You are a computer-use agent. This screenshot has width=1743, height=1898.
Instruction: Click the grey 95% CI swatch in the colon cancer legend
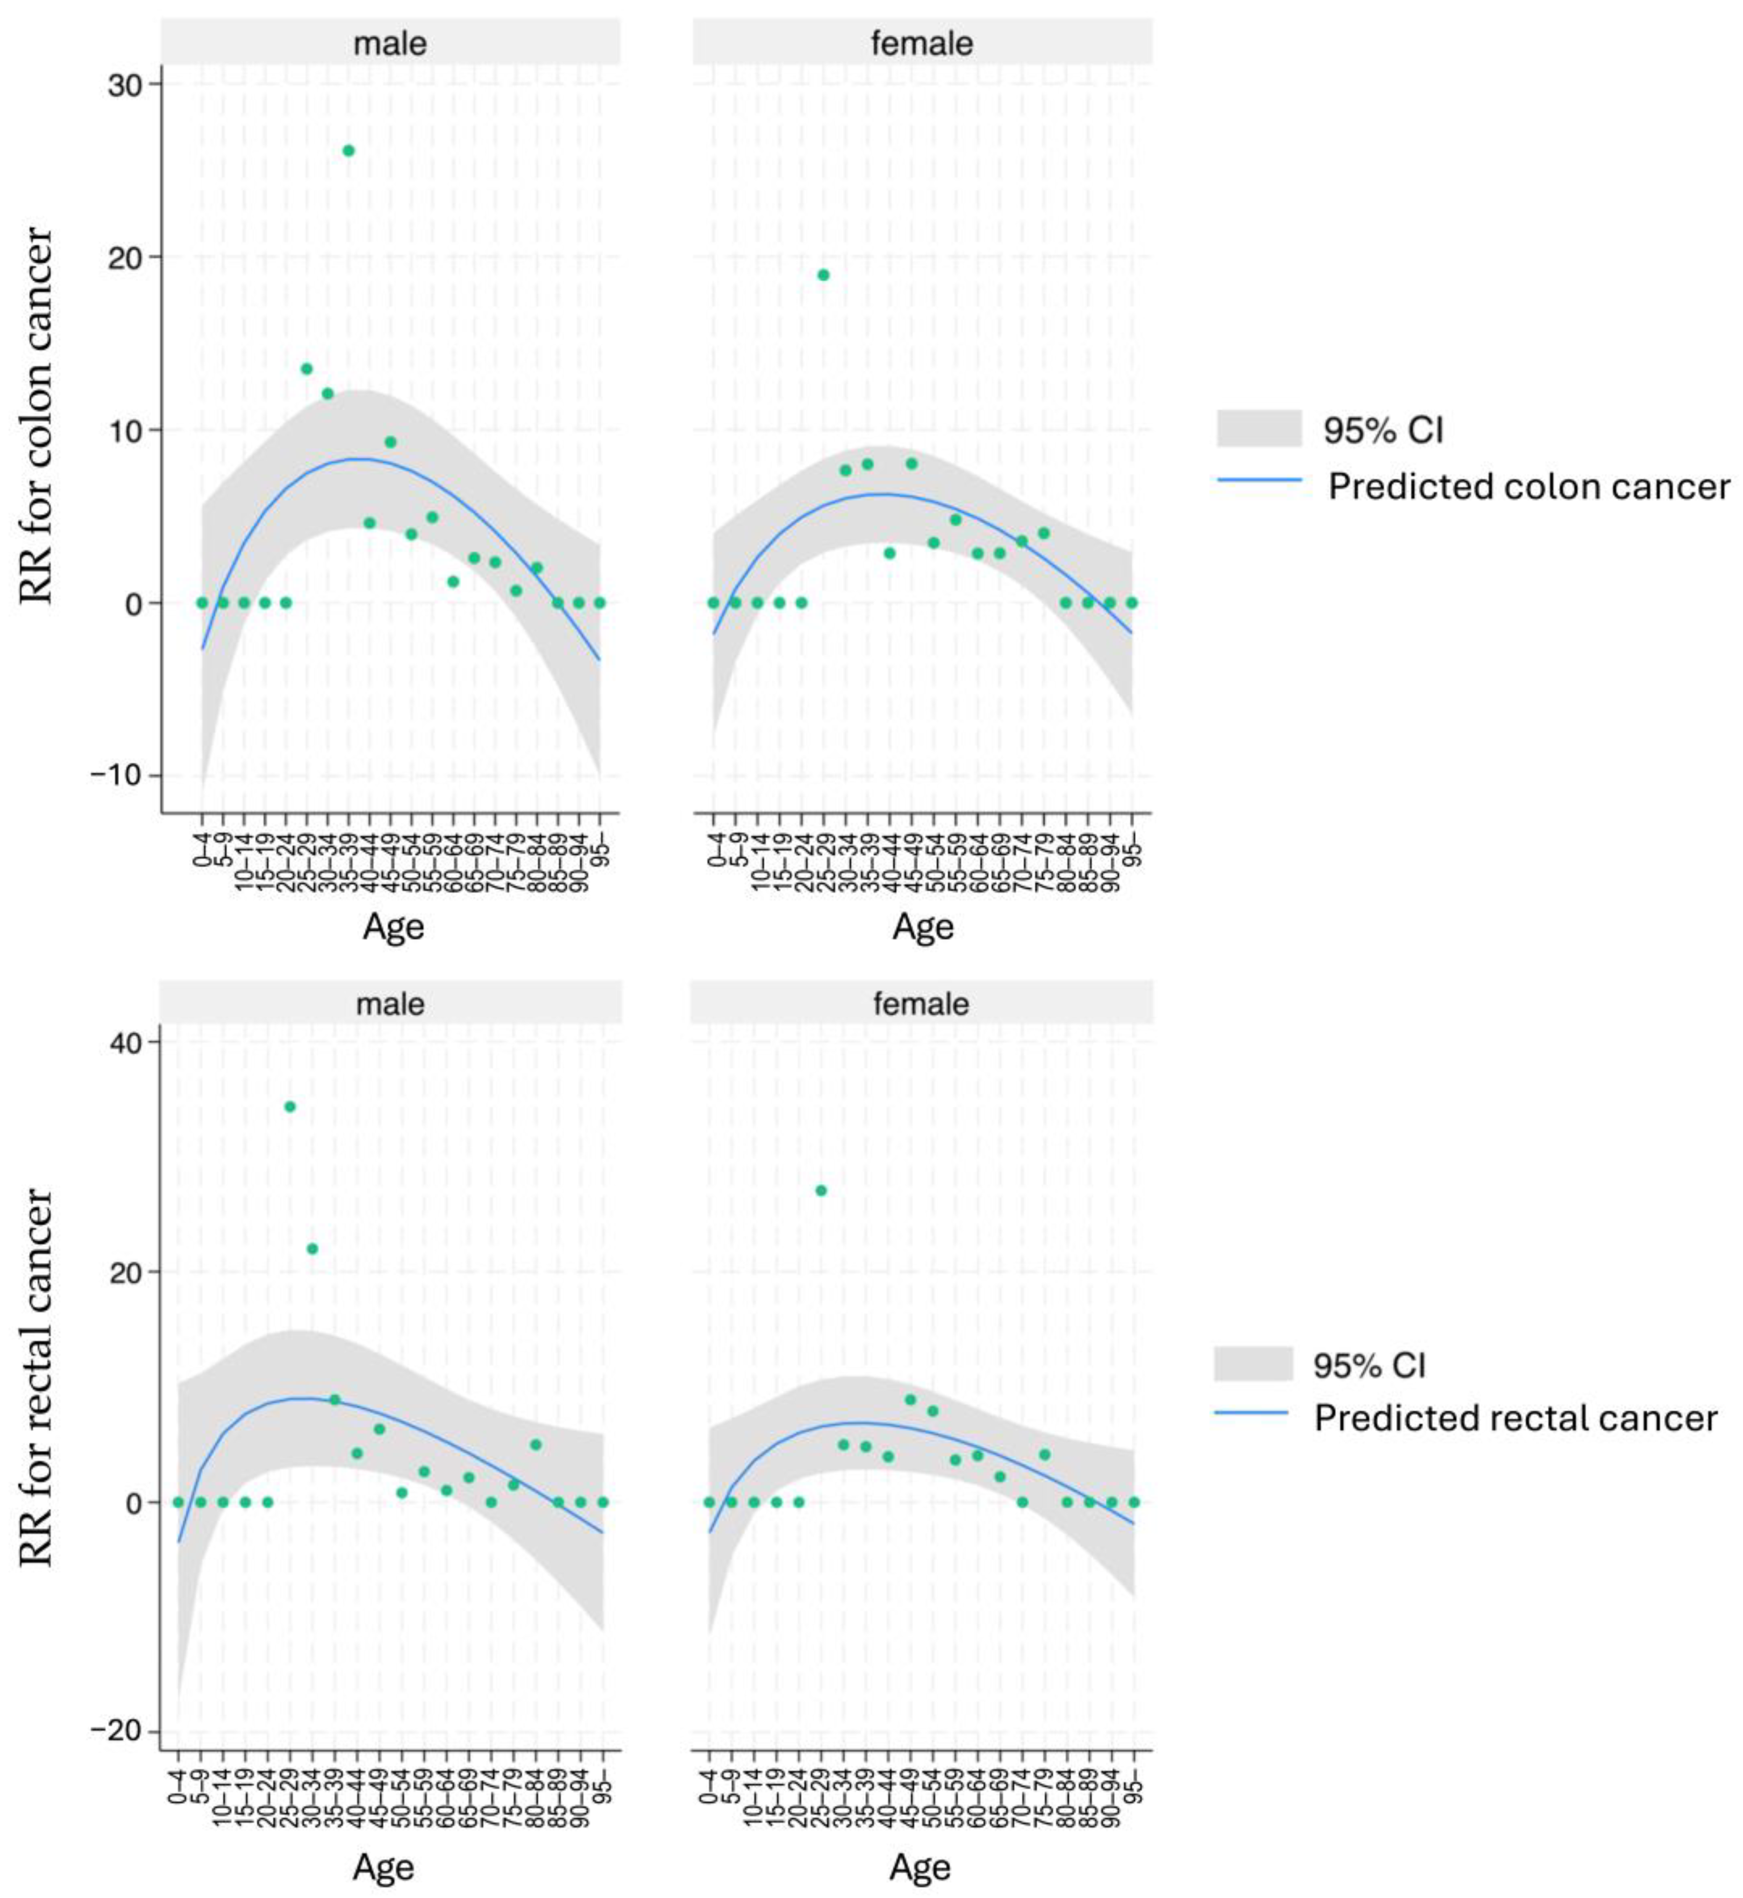1259,428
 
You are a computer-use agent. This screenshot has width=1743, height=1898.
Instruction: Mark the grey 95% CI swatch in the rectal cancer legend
1253,1364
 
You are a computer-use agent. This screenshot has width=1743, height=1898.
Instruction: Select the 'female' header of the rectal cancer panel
921,1003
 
